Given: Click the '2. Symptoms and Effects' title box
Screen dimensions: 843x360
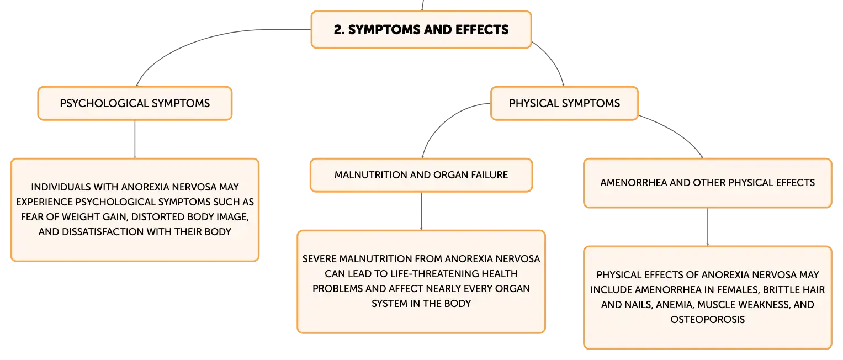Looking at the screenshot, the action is tap(421, 30).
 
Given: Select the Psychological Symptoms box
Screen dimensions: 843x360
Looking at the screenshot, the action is tap(135, 104).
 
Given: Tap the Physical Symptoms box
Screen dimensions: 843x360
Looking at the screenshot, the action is tap(564, 104).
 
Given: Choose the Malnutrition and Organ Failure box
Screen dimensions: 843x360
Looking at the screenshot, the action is tap(421, 175).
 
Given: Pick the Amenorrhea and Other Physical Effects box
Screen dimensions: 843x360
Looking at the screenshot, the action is tap(708, 183).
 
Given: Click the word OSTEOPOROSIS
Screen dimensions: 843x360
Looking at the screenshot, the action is tap(708, 320).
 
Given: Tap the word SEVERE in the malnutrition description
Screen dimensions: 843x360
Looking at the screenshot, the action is tap(320, 259).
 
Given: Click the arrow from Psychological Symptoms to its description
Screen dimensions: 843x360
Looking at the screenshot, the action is tap(135, 139).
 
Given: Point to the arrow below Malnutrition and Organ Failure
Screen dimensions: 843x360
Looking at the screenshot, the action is tap(421, 211).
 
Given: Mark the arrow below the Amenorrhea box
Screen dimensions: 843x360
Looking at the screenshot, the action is tap(708, 227).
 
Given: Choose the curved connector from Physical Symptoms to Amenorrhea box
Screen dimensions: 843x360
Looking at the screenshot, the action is tap(677, 132).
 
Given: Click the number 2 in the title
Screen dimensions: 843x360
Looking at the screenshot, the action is tap(338, 30).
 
